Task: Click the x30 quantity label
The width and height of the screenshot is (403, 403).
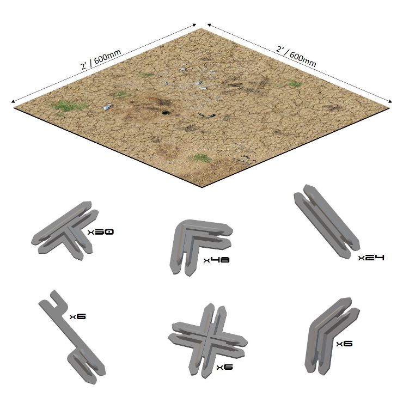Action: pos(101,232)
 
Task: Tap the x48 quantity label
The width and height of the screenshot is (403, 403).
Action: pos(216,260)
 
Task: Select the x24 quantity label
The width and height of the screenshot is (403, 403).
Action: pos(371,258)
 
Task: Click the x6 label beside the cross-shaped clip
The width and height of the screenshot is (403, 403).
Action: pos(225,367)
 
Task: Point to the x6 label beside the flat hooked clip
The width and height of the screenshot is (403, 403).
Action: pos(78,316)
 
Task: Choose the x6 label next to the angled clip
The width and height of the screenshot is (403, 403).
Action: pos(344,344)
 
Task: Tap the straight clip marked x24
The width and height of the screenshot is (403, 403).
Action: pos(326,221)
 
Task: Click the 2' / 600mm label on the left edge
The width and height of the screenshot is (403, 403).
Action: pos(101,59)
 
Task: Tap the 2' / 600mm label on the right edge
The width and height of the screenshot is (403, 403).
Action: pos(296,57)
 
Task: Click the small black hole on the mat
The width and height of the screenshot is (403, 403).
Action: pos(165,113)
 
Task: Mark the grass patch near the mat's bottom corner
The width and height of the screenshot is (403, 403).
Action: pos(201,158)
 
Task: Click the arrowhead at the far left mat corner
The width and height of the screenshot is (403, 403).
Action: pos(13,101)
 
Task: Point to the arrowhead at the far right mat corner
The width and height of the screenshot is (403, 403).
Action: pos(390,101)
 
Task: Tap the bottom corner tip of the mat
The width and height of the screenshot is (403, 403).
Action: pos(202,188)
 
